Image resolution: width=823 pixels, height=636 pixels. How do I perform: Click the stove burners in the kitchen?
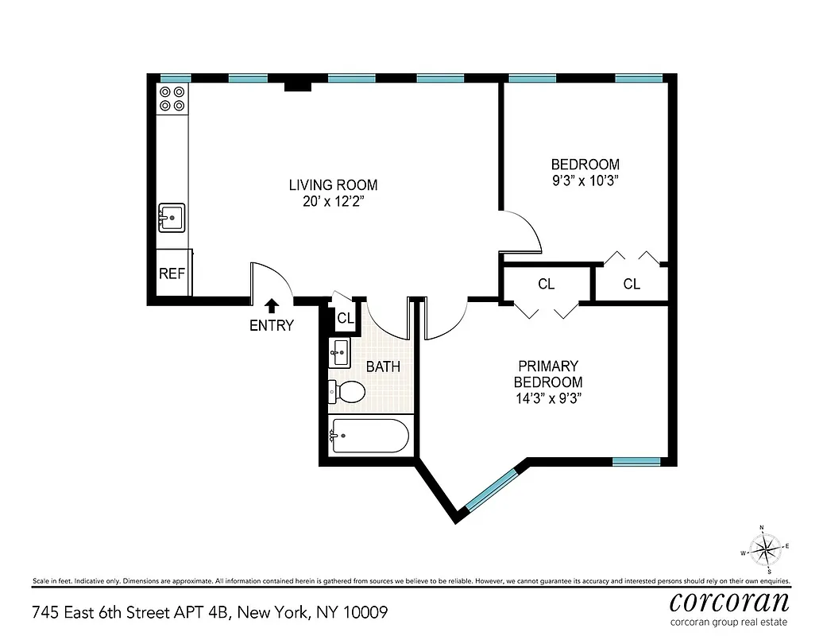point(172,98)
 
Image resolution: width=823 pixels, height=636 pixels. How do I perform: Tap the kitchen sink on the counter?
point(172,217)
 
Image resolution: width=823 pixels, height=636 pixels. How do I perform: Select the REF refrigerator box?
point(172,273)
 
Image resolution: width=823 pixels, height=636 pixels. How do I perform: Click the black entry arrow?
point(272,305)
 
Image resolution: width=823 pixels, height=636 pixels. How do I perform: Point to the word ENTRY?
point(272,325)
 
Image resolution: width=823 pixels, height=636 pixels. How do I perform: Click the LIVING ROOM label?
point(333,185)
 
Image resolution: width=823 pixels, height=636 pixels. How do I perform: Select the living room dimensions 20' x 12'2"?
point(333,202)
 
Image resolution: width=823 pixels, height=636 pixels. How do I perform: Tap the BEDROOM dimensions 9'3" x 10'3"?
point(585,180)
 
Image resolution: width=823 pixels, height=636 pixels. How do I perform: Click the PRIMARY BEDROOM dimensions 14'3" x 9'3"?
point(548,397)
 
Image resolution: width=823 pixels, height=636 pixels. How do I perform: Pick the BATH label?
point(383,367)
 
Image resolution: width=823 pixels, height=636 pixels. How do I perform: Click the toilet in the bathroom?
point(347,391)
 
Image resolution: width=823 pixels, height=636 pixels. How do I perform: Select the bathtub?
point(370,436)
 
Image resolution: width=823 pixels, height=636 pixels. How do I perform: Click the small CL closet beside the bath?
point(345,318)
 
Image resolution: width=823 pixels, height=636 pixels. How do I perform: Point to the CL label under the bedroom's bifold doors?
point(632,284)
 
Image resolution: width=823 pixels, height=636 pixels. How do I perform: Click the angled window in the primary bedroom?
point(493,489)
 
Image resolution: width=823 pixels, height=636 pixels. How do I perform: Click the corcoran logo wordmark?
point(730,600)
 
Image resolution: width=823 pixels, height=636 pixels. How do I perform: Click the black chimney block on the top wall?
point(298,85)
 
